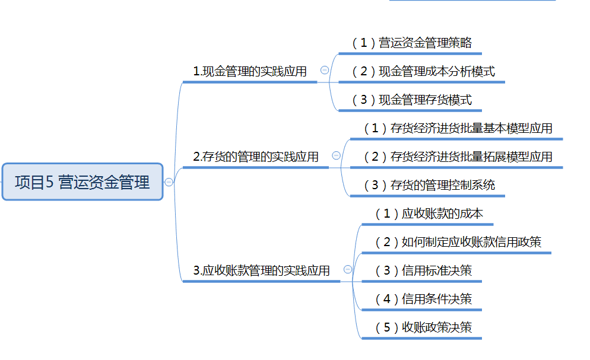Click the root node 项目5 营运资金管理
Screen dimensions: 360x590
coord(82,182)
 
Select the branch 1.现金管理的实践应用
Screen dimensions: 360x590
coord(249,72)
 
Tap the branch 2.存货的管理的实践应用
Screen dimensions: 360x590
coord(255,157)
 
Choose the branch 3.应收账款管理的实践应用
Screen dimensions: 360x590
coord(261,271)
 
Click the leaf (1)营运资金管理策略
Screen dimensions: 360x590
coord(411,43)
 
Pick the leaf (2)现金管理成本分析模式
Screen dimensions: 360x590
coord(423,72)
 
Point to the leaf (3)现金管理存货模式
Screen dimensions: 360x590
coord(411,100)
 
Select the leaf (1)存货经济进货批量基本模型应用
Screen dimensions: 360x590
coord(458,129)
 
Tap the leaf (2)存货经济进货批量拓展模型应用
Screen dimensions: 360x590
coord(458,157)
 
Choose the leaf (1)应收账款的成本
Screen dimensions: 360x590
coord(429,214)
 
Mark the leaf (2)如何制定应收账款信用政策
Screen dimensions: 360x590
coord(458,243)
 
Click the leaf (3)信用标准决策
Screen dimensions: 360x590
coord(423,271)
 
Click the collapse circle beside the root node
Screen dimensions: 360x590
coord(169,182)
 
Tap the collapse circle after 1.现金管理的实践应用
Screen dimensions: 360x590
coord(325,70)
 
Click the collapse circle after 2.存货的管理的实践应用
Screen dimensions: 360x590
coord(336,155)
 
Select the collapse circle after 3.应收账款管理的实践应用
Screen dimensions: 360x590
coord(348,269)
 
